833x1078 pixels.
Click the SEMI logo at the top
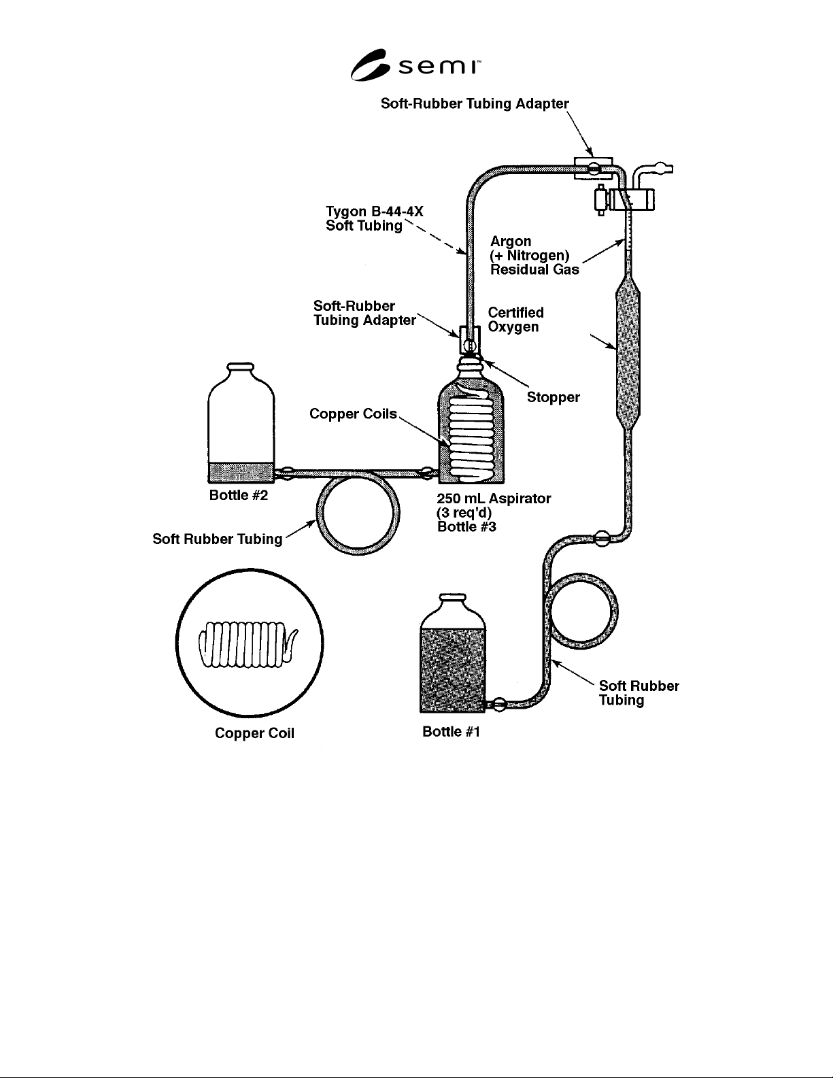[x=415, y=65]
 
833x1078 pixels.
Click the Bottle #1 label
[x=452, y=732]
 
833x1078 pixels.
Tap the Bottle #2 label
[x=239, y=495]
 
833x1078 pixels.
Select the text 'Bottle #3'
[x=466, y=526]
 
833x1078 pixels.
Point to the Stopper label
[x=554, y=397]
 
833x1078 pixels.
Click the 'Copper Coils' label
[x=353, y=414]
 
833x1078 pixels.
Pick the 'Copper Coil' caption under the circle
[x=254, y=733]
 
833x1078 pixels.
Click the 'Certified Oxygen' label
[x=515, y=320]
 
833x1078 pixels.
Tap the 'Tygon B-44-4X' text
[x=375, y=212]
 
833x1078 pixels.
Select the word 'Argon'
[x=511, y=242]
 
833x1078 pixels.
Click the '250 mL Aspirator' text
[x=494, y=499]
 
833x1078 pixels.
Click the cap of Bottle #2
[x=241, y=367]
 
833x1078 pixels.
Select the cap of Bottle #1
[x=453, y=599]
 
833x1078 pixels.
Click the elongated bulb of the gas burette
[x=628, y=354]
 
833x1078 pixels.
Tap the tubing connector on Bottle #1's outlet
[x=499, y=703]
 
